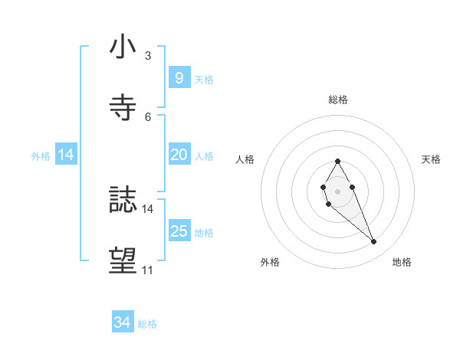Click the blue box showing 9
(x=179, y=77)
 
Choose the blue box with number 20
(x=179, y=155)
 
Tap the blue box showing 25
(x=179, y=231)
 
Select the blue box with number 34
(x=123, y=323)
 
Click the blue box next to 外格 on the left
(x=66, y=155)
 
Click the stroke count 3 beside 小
(x=148, y=55)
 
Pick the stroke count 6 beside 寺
(x=148, y=116)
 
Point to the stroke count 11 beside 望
(x=147, y=270)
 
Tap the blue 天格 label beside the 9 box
(x=204, y=79)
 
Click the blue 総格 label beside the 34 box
(x=147, y=324)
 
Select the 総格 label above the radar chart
(x=338, y=100)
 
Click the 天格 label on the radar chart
(x=431, y=159)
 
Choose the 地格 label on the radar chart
(x=402, y=262)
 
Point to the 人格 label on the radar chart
(x=245, y=159)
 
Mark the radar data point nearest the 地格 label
(x=374, y=242)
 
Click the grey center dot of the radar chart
(x=338, y=191)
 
